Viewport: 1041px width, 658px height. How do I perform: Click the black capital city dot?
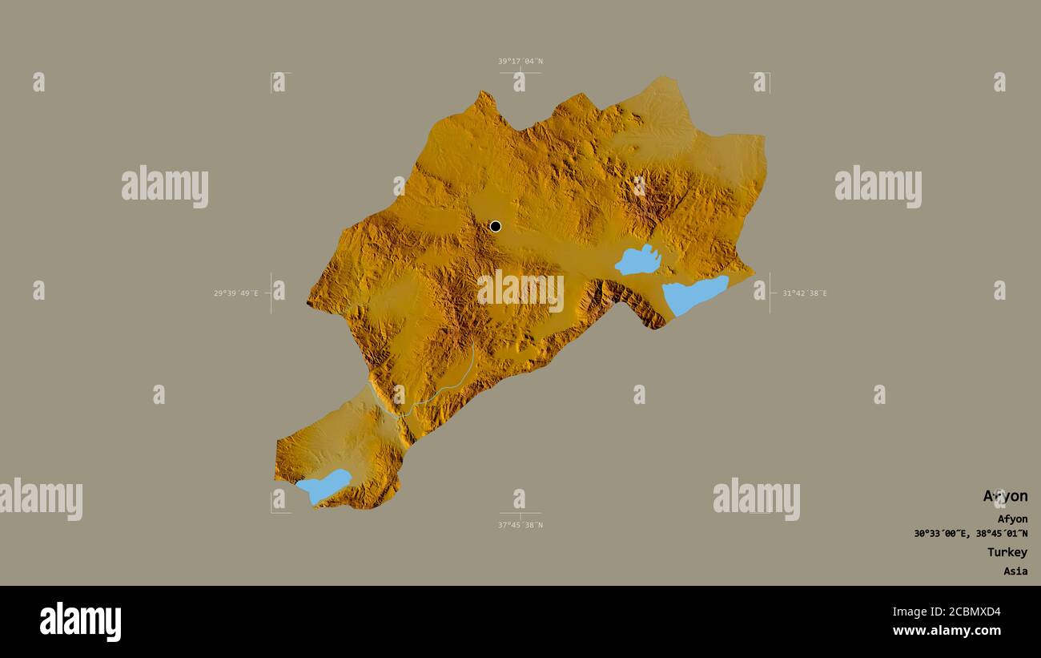pyautogui.click(x=496, y=226)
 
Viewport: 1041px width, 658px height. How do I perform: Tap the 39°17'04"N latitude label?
pyautogui.click(x=520, y=61)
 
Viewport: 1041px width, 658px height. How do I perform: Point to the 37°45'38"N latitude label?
pyautogui.click(x=520, y=525)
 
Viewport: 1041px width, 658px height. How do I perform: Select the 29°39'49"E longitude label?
pyautogui.click(x=235, y=293)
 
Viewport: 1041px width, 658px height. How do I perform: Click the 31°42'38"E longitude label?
pyautogui.click(x=804, y=293)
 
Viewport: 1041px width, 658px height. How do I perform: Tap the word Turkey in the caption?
pyautogui.click(x=1007, y=552)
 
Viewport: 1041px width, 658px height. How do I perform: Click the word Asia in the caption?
pyautogui.click(x=1015, y=571)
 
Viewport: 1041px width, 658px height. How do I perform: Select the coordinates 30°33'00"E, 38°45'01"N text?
pyautogui.click(x=971, y=534)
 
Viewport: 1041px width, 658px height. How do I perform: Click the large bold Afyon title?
pyautogui.click(x=1005, y=496)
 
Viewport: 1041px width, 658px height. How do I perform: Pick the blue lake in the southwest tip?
pyautogui.click(x=324, y=485)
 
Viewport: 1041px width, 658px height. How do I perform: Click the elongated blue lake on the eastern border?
pyautogui.click(x=693, y=294)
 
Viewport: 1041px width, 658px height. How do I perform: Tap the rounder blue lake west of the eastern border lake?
pyautogui.click(x=638, y=260)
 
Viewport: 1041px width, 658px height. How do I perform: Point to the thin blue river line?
pyautogui.click(x=448, y=385)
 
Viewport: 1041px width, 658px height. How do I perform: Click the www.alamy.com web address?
pyautogui.click(x=947, y=631)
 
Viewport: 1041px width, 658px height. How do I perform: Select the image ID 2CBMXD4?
pyautogui.click(x=961, y=612)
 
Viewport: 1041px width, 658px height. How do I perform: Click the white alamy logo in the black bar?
pyautogui.click(x=80, y=622)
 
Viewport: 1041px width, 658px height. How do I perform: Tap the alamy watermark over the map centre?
pyautogui.click(x=520, y=290)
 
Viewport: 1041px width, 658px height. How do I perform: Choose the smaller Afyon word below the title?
pyautogui.click(x=1012, y=519)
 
